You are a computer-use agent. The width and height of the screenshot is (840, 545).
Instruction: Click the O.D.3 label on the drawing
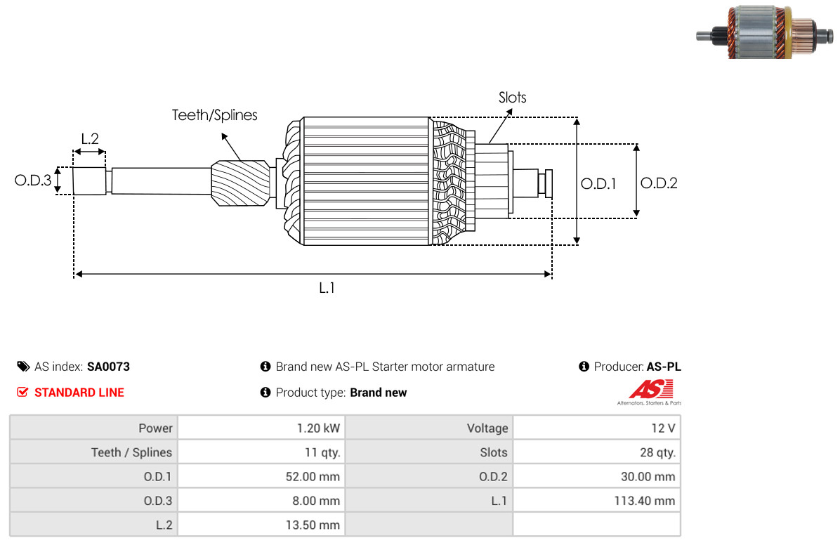(33, 180)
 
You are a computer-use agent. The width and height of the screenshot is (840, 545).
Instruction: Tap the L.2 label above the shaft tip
(90, 139)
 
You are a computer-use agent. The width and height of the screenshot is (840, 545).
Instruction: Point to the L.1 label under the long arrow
(327, 288)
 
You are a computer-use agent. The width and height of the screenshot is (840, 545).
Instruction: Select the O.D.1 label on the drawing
(598, 184)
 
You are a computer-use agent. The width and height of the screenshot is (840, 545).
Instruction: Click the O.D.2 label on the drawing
(659, 183)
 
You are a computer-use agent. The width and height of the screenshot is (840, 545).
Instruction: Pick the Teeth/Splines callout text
(214, 115)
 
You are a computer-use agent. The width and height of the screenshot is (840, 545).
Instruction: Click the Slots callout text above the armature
(512, 98)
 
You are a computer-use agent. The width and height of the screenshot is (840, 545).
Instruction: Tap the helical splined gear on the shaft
(240, 183)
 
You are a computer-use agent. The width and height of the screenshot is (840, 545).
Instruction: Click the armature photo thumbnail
(765, 32)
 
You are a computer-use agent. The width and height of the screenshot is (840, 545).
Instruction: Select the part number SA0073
(108, 367)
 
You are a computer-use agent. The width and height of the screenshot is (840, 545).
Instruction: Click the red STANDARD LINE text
(79, 393)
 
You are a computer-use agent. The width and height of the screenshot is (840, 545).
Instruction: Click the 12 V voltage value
(663, 428)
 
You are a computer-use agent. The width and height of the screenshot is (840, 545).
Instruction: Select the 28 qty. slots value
(657, 452)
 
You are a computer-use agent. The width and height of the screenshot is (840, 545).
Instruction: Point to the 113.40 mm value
(645, 501)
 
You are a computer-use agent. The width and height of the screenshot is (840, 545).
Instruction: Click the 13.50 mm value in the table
(313, 525)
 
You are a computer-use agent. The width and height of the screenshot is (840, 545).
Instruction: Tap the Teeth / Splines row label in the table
(131, 452)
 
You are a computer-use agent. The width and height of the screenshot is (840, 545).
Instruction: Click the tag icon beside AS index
(23, 367)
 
